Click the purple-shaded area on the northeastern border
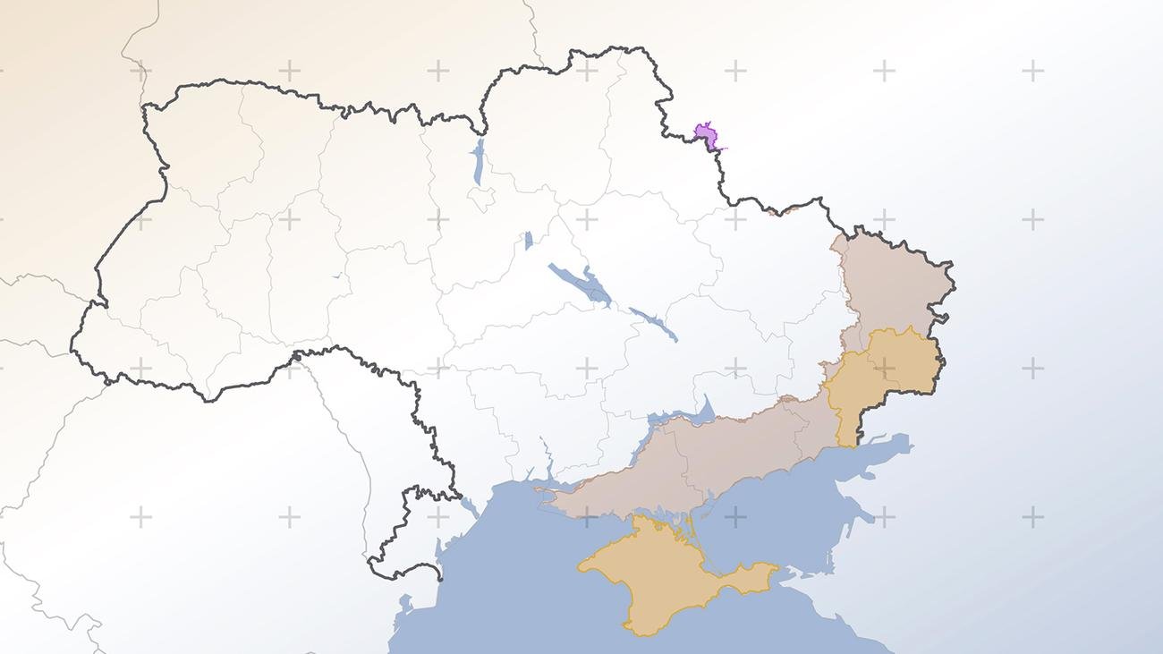707,136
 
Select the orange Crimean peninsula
653,573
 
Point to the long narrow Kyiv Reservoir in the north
479,161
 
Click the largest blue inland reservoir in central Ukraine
581,285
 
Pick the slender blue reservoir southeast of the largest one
654,323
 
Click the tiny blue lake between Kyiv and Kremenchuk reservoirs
529,240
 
